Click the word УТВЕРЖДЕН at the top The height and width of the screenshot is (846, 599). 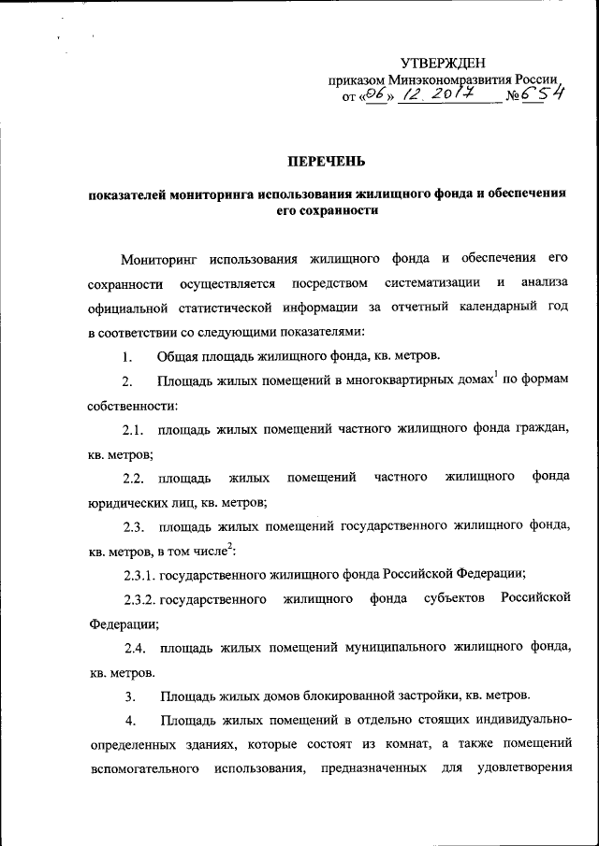[x=443, y=63]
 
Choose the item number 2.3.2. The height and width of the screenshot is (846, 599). [x=139, y=598]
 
